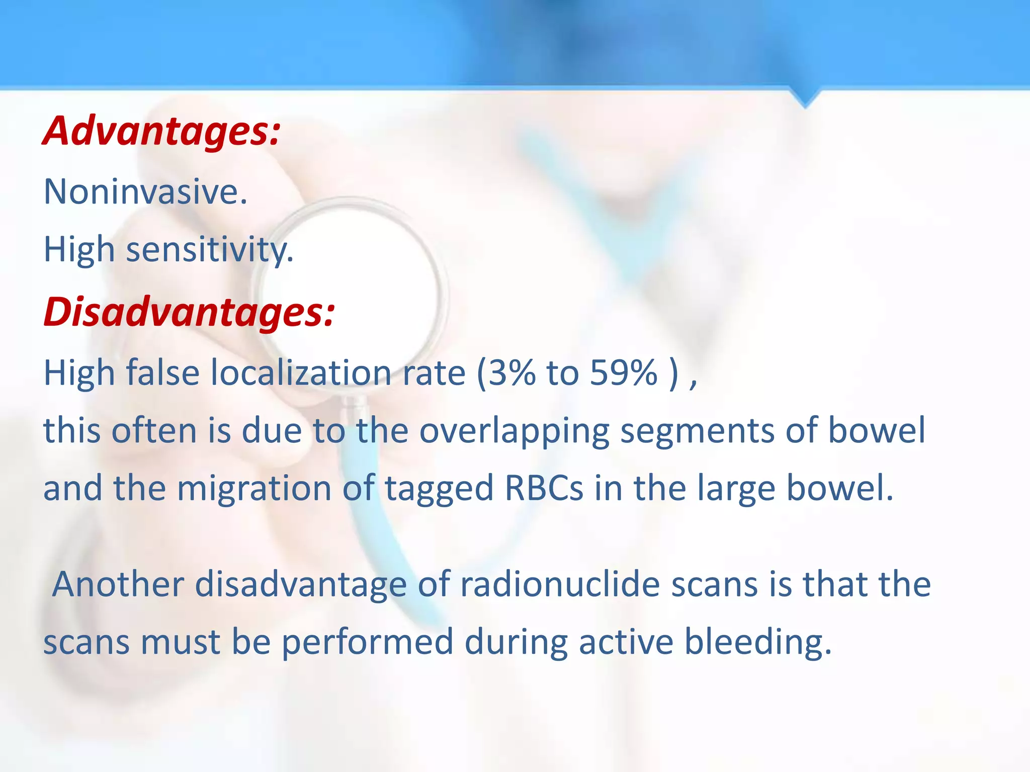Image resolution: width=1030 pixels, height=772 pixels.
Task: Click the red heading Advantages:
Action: pyautogui.click(x=161, y=131)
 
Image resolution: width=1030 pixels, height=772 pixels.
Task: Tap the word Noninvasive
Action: pyautogui.click(x=145, y=191)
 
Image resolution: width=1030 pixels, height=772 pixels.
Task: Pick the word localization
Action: pyautogui.click(x=301, y=372)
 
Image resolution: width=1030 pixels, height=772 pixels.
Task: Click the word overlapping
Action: pyautogui.click(x=513, y=431)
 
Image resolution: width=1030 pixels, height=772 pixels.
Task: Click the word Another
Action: pyautogui.click(x=118, y=584)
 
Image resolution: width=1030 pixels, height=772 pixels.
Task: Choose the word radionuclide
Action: pyautogui.click(x=560, y=584)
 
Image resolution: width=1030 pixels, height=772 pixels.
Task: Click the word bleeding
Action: pyautogui.click(x=758, y=642)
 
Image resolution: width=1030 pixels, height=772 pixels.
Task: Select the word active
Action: pyautogui.click(x=626, y=642)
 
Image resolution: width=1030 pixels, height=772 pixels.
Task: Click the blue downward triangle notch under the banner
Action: pyautogui.click(x=805, y=98)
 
